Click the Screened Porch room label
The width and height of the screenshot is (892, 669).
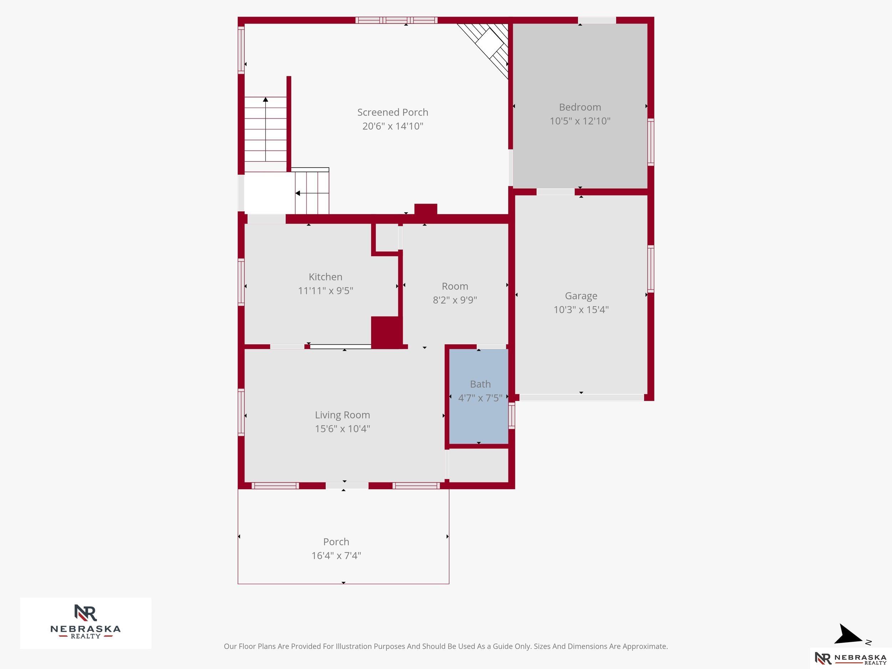click(393, 112)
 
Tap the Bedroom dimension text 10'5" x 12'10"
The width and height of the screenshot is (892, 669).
click(580, 121)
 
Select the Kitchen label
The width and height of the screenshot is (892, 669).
click(325, 277)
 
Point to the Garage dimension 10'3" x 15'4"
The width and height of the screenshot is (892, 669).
click(581, 310)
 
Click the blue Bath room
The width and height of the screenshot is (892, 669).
click(479, 396)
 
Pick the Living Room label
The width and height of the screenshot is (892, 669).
click(343, 415)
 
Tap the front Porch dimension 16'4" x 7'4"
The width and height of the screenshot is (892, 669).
click(336, 556)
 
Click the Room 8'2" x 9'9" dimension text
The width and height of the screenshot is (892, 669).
click(455, 300)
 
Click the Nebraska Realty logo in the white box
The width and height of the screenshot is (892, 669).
click(86, 622)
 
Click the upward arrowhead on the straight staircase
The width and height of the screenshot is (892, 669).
click(265, 99)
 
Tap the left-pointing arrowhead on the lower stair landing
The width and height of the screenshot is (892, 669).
click(298, 193)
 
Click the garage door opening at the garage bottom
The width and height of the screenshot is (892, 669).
click(581, 397)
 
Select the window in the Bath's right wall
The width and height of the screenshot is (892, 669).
click(511, 416)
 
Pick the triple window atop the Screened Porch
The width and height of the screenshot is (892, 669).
click(396, 20)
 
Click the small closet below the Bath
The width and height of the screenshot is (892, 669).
click(479, 465)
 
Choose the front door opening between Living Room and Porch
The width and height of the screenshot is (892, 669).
click(347, 486)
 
